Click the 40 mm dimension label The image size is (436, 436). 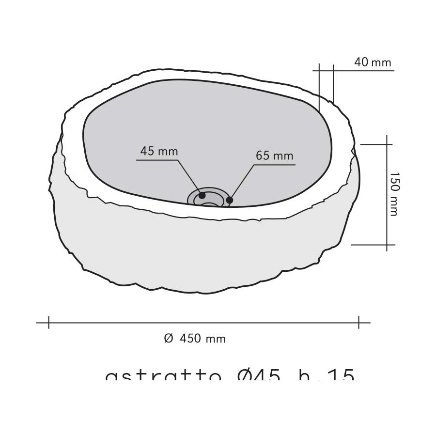(372, 62)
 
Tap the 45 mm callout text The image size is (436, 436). (159, 151)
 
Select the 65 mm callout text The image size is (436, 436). (274, 156)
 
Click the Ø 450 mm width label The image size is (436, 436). (195, 339)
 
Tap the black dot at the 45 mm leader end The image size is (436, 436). (202, 195)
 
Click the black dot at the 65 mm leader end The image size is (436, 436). (230, 200)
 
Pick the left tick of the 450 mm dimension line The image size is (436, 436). (48, 322)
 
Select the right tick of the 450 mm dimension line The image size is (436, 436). (358, 322)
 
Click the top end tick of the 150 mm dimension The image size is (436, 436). (387, 144)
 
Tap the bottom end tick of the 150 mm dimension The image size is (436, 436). (387, 245)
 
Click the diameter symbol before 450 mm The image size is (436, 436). (168, 339)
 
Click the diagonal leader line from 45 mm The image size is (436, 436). (189, 176)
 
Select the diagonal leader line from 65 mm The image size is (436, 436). (242, 181)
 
